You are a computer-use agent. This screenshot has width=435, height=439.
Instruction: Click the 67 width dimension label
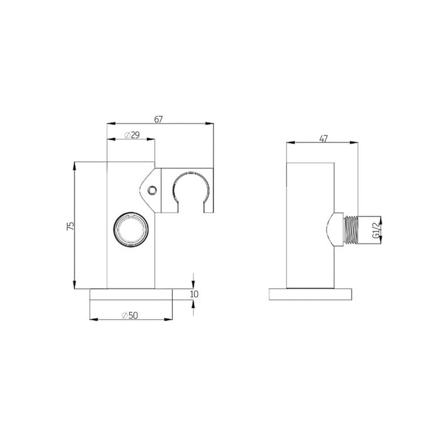[159, 119]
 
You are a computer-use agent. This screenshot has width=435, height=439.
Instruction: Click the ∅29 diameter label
[131, 135]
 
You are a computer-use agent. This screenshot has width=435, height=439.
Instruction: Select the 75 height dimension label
[70, 226]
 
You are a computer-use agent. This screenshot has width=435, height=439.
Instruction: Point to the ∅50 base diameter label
[131, 315]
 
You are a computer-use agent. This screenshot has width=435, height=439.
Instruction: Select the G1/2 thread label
[375, 229]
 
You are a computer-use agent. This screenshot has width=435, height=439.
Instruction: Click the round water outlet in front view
[131, 230]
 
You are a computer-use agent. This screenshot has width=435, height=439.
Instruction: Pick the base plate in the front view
[131, 294]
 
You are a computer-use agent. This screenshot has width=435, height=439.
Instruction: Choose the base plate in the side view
[312, 294]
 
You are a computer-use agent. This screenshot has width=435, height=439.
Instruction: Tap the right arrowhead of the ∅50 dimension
[169, 319]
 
